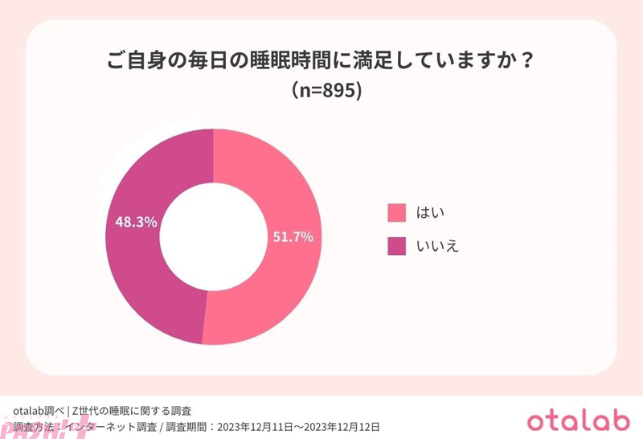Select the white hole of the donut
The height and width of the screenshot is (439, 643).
pyautogui.click(x=213, y=237)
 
